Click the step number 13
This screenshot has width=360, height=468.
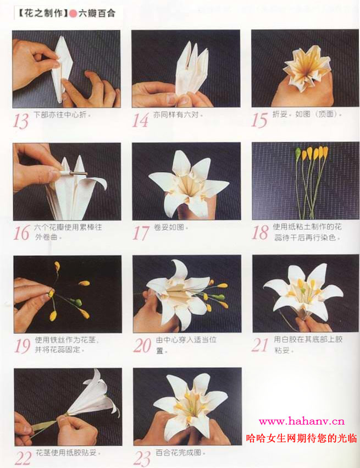pyautogui.click(x=20, y=120)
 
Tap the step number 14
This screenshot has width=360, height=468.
pyautogui.click(x=140, y=120)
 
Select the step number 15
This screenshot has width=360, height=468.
pyautogui.click(x=259, y=120)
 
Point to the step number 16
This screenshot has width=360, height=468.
pyautogui.click(x=21, y=233)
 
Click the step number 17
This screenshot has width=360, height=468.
pyautogui.click(x=141, y=233)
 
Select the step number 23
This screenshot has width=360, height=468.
pyautogui.click(x=142, y=458)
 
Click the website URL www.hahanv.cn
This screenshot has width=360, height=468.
pyautogui.click(x=302, y=422)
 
